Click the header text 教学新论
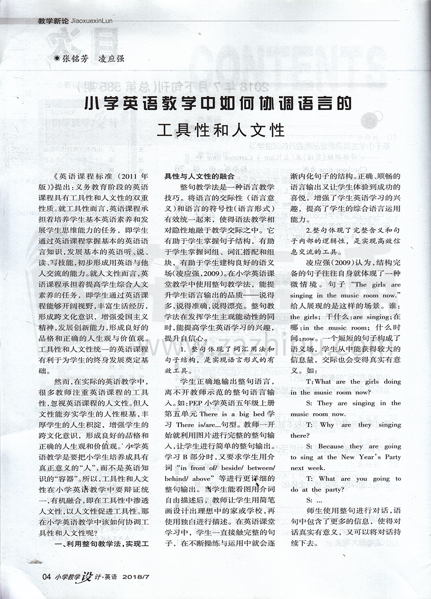[53, 22]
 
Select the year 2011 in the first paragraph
[126, 176]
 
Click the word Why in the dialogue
[326, 425]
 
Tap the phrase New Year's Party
[376, 457]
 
